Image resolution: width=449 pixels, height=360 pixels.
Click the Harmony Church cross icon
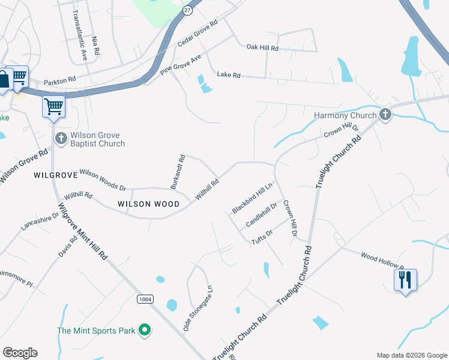[385, 115]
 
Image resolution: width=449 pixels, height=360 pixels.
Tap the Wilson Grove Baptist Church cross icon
[61, 139]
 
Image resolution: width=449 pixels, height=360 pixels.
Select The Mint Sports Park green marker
[144, 330]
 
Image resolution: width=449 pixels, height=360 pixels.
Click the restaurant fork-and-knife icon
[405, 279]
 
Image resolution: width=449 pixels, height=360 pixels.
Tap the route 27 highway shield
[188, 10]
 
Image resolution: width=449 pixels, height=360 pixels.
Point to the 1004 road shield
[145, 299]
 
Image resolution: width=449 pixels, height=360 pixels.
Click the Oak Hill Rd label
[263, 47]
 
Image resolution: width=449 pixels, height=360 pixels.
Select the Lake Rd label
[228, 76]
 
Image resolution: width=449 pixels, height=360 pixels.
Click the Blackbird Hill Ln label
[252, 197]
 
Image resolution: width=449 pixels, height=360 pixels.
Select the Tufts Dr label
[262, 236]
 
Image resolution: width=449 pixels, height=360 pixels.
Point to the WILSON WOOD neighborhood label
[148, 204]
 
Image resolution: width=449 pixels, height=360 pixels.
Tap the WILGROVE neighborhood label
[56, 175]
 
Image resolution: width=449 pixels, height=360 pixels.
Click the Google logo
[20, 353]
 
